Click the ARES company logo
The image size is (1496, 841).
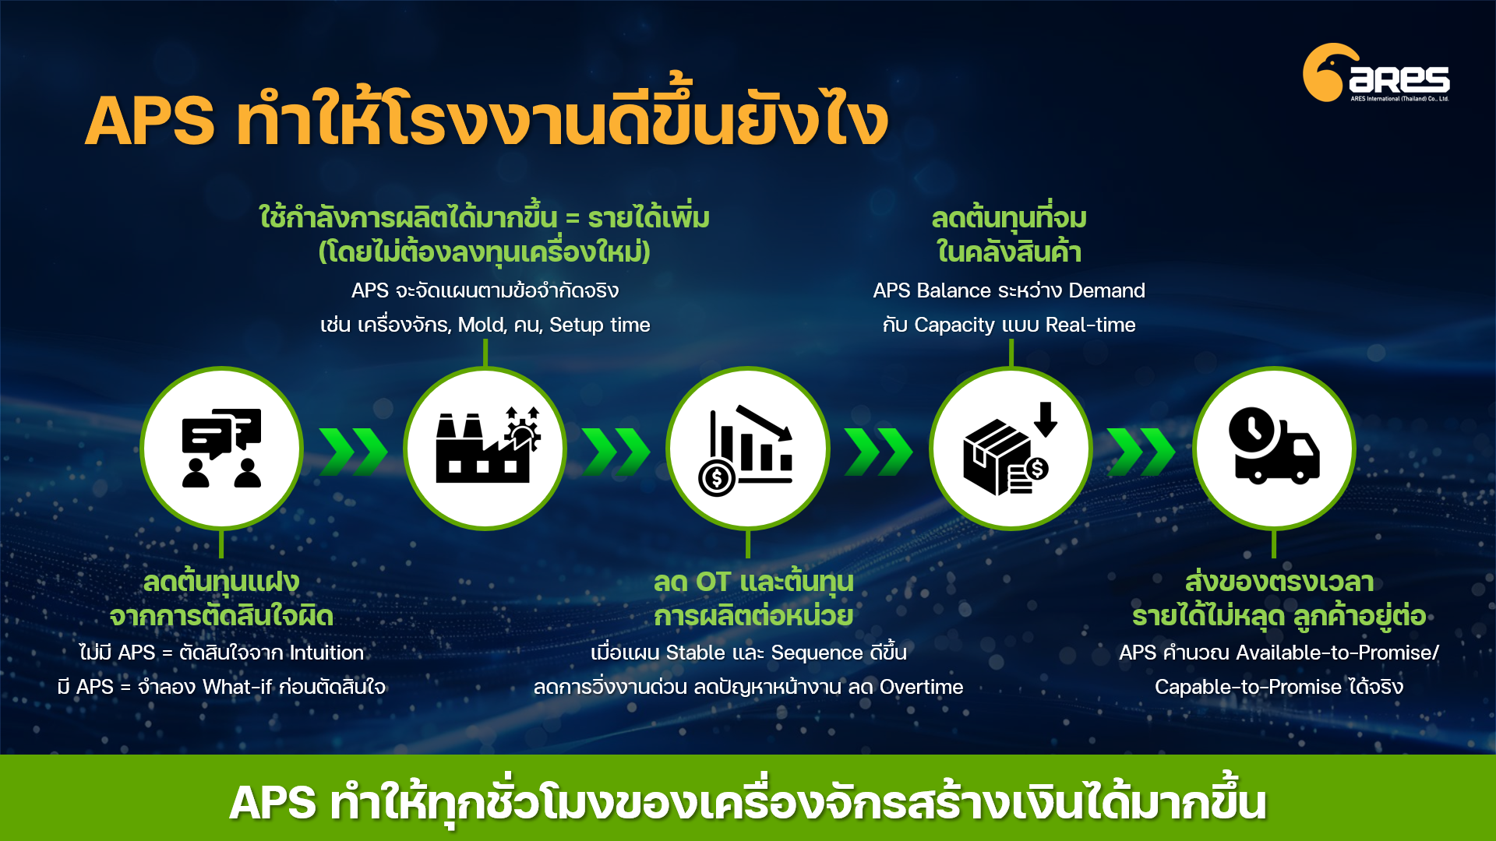[x=1376, y=72]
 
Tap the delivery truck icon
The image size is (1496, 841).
[x=1274, y=446]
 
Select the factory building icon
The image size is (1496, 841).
[x=488, y=445]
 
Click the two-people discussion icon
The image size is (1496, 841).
[x=222, y=448]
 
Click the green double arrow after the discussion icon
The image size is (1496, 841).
[x=353, y=451]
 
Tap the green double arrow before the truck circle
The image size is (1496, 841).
[x=1141, y=451]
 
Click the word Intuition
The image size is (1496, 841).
[x=326, y=653]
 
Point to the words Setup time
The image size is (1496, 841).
[x=600, y=325]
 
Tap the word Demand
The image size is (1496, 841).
[x=1106, y=290]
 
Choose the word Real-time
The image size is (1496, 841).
[x=1090, y=325]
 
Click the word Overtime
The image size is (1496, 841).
[x=922, y=687]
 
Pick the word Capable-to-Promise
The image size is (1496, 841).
[x=1248, y=687]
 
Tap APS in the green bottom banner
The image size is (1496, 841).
[x=273, y=803]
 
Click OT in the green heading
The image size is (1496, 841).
[x=713, y=582]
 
